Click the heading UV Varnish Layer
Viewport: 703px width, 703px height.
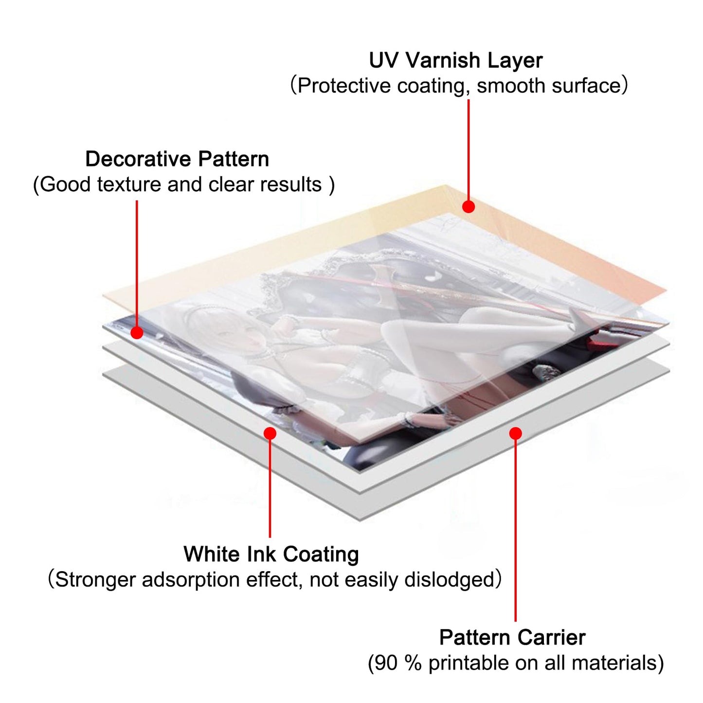pos(455,61)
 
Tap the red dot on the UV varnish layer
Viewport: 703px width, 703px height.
pos(469,207)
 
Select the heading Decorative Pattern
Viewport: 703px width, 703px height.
pos(177,159)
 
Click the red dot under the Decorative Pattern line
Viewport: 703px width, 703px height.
pos(137,333)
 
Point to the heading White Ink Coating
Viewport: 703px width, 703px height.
pos(271,554)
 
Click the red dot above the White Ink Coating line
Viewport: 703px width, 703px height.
pos(270,433)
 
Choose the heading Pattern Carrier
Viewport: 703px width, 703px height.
pos(512,637)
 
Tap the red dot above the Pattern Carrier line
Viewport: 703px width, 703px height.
pos(516,433)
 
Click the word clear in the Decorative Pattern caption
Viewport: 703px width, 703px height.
pos(231,185)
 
